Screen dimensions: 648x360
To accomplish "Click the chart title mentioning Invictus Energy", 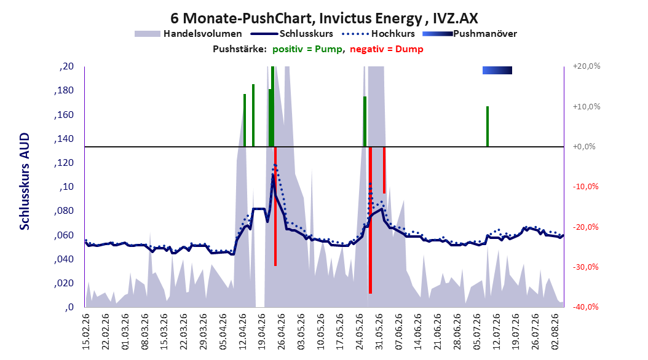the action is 324,18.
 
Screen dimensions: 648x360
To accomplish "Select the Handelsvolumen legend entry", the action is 188,34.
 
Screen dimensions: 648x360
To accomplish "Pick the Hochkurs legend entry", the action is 378,34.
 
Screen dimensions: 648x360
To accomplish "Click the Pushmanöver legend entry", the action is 470,34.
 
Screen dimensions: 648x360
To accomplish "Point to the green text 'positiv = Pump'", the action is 307,49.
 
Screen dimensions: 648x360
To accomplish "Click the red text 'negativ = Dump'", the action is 387,49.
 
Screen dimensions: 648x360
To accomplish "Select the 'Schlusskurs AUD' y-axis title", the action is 25,181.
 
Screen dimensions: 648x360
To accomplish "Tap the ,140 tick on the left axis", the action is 64,138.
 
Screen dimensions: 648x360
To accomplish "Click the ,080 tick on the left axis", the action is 64,211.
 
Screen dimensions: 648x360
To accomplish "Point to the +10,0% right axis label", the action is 587,106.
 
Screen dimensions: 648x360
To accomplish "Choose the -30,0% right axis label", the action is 585,267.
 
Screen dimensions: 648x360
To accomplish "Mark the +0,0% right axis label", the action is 584,147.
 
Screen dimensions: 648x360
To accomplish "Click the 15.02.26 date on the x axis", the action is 86,332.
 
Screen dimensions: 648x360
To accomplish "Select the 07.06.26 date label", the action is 398,332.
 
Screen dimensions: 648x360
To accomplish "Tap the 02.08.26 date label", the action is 555,332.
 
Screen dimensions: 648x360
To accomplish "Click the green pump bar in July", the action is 488,127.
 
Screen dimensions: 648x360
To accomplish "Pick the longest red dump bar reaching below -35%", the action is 370,220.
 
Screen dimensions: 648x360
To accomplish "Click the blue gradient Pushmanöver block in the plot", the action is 497,70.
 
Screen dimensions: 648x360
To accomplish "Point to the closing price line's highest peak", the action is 273,174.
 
